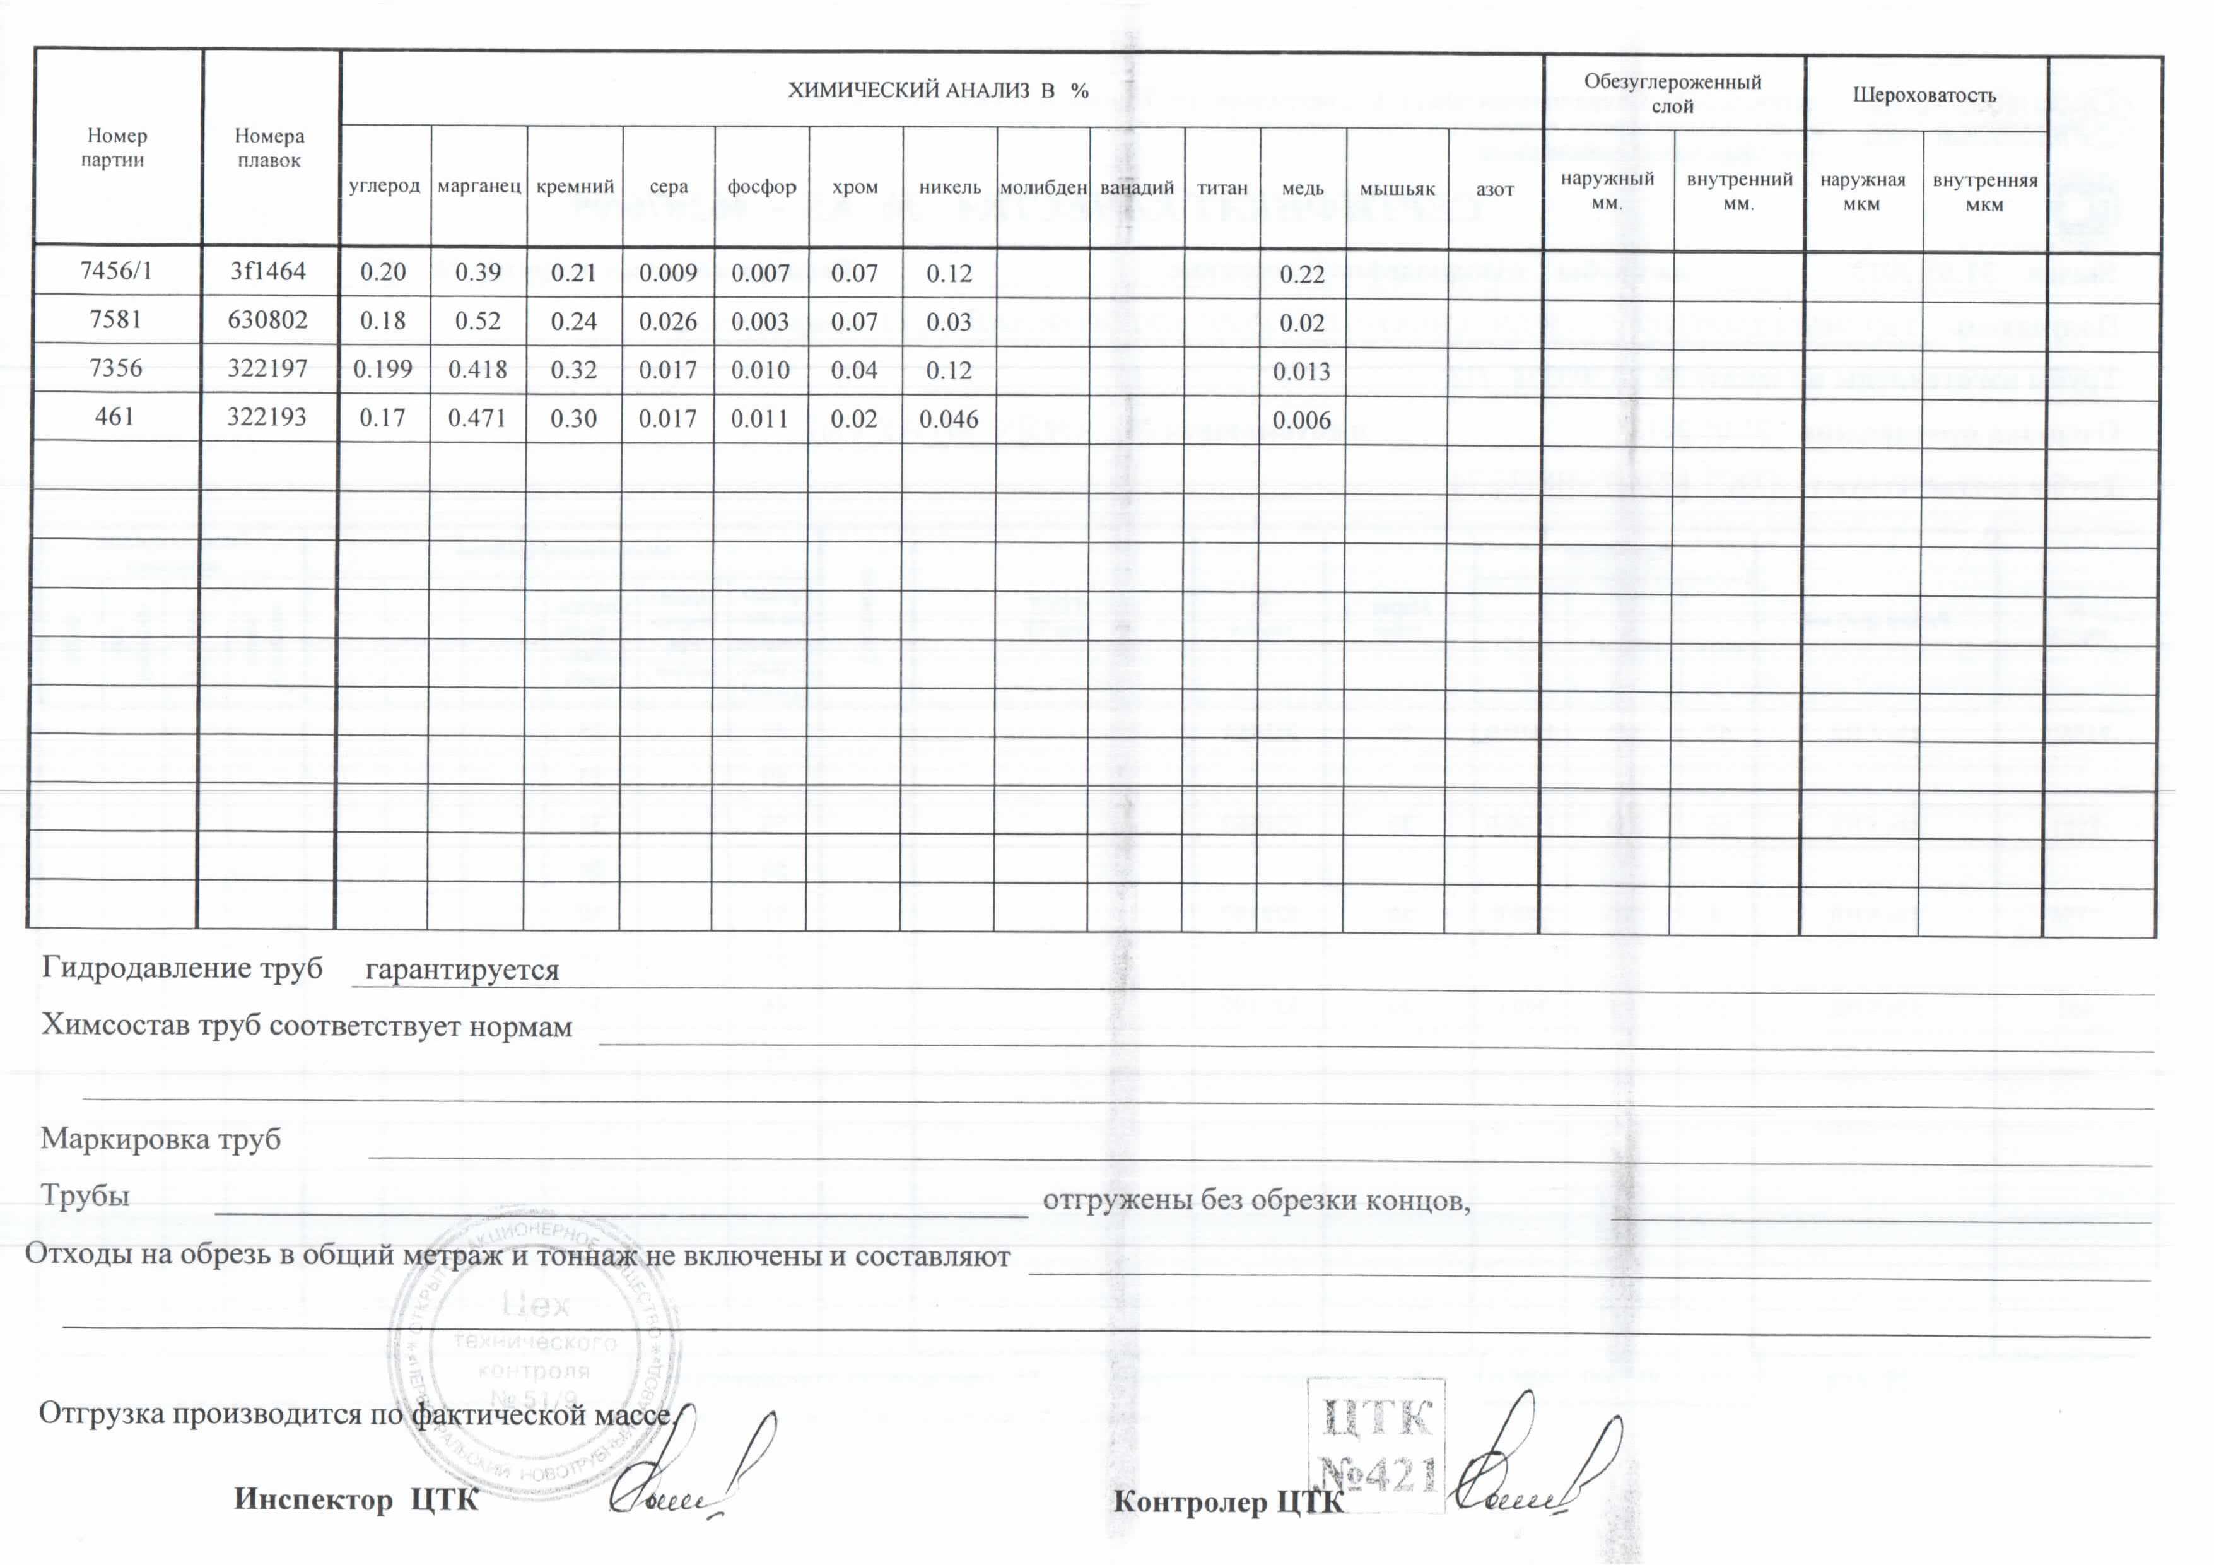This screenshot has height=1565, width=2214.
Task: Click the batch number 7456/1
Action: (115, 271)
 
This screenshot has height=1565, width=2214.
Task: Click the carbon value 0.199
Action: (383, 369)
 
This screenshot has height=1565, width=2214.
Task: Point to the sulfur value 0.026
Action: (667, 321)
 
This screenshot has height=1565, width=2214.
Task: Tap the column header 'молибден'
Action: (1043, 188)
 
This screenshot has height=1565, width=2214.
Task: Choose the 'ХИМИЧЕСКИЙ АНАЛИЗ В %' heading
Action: (937, 91)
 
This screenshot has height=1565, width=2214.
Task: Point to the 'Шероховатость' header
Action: (1924, 95)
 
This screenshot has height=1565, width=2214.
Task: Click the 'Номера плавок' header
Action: (269, 148)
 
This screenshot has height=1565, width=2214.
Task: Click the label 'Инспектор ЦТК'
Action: (356, 1499)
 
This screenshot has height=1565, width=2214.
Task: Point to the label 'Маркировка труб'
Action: (160, 1139)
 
